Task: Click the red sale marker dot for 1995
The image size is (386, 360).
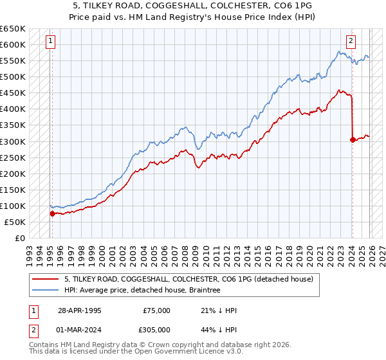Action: click(x=52, y=213)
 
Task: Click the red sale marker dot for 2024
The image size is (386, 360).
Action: click(x=353, y=139)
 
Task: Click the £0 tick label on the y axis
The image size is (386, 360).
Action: click(x=20, y=238)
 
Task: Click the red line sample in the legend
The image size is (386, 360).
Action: click(x=46, y=279)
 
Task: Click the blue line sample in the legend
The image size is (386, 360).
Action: click(x=46, y=291)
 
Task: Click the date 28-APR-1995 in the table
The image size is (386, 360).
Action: click(x=80, y=310)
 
